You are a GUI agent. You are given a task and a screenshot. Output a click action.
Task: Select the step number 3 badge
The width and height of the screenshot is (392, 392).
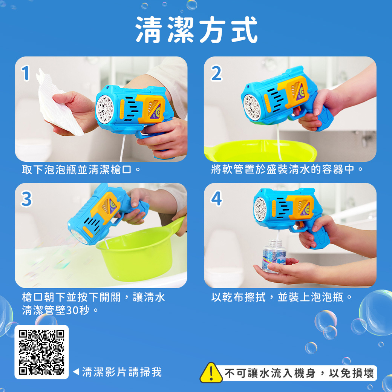[x=26, y=199]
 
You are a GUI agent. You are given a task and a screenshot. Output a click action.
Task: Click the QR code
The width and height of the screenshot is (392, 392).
[x=41, y=352]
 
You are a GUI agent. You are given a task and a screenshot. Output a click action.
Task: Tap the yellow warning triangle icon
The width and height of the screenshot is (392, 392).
[x=211, y=373]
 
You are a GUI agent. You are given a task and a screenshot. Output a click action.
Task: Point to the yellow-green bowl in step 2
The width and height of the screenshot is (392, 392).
[x=260, y=151]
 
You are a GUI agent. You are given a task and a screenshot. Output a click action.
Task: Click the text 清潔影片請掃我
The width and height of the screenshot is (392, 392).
[x=122, y=372]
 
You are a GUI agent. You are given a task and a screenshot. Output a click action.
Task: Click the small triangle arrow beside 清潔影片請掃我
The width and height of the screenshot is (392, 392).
[x=75, y=372]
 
